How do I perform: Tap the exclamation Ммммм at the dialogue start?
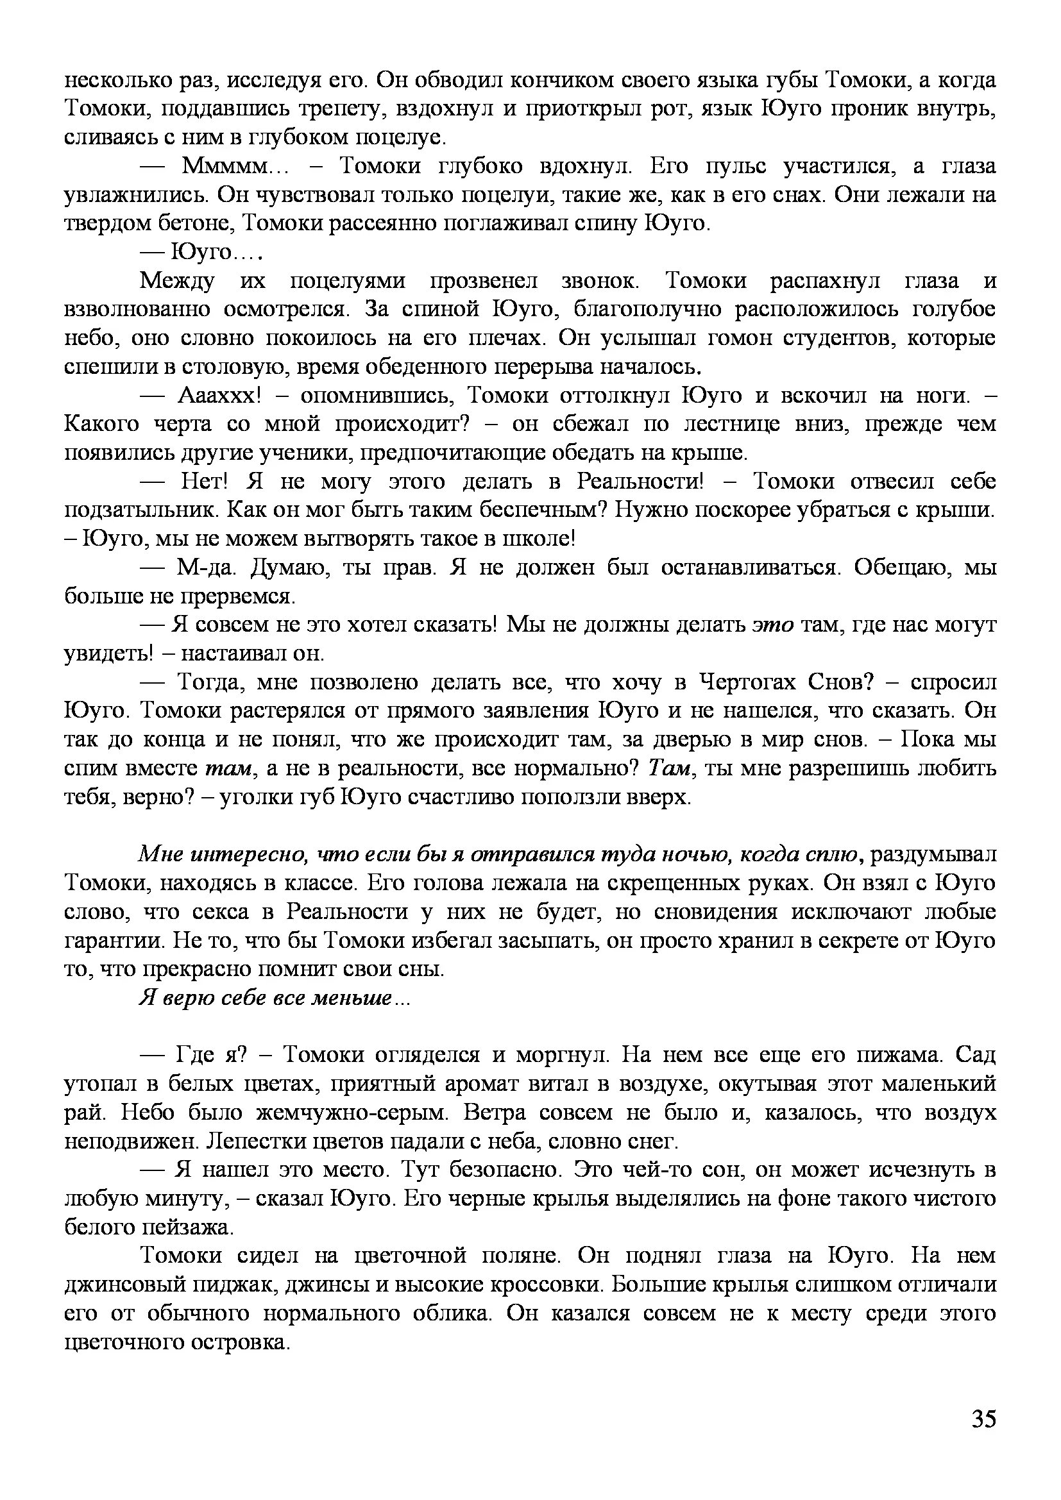225,167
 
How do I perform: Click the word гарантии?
113,940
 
